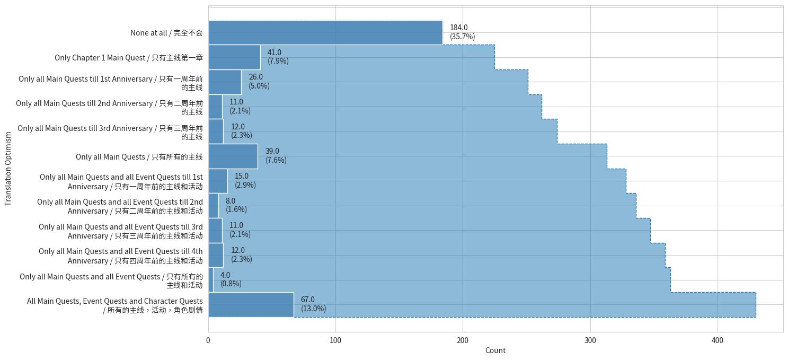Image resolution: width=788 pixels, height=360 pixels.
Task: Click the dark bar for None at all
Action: click(325, 32)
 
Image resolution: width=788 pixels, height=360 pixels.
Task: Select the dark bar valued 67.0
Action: click(251, 305)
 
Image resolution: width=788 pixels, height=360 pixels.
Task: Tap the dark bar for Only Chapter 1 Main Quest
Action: click(234, 57)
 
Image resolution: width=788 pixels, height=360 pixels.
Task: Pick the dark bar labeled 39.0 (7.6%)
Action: click(233, 156)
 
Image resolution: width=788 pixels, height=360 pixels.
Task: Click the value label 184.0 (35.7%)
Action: click(462, 32)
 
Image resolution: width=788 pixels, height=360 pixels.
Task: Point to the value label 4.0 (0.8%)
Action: click(231, 279)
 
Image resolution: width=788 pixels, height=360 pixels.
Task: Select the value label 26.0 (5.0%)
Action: click(259, 82)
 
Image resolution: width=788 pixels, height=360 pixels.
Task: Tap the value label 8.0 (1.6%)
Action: click(236, 205)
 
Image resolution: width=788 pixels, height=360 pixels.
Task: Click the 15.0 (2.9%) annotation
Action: click(245, 181)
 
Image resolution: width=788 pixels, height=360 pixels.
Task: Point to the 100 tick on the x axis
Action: click(335, 340)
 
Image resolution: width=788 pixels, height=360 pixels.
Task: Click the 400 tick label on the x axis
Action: click(717, 340)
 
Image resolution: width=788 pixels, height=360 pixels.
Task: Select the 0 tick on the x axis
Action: click(208, 340)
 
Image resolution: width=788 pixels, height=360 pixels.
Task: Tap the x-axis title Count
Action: click(495, 350)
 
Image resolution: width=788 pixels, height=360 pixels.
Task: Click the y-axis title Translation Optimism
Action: click(8, 169)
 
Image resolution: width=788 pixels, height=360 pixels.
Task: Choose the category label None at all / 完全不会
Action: click(166, 33)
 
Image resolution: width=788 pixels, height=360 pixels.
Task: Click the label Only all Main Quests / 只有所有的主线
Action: click(139, 157)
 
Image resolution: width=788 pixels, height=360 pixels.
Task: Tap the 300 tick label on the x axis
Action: click(590, 340)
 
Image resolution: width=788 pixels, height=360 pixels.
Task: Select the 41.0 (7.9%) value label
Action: click(278, 57)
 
